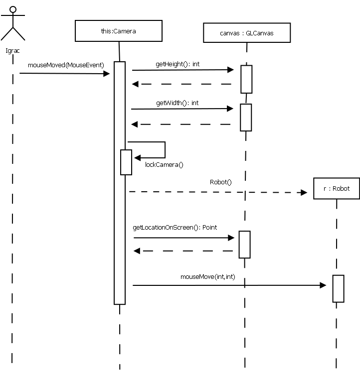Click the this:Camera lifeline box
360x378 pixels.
pyautogui.click(x=118, y=31)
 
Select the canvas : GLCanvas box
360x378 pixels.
pyautogui.click(x=246, y=33)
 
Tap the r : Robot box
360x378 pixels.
pyautogui.click(x=336, y=188)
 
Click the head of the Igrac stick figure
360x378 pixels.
pyautogui.click(x=13, y=9)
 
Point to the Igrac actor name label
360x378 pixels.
pyautogui.click(x=12, y=50)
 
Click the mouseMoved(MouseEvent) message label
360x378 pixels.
pyautogui.click(x=66, y=65)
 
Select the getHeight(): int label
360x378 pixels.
pyautogui.click(x=178, y=64)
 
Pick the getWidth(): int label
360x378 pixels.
pyautogui.click(x=177, y=103)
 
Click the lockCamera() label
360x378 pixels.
pyautogui.click(x=164, y=164)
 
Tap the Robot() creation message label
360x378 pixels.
pyautogui.click(x=221, y=182)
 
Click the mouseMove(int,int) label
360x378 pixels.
pyautogui.click(x=207, y=276)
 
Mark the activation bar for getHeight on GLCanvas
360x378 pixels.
pyautogui.click(x=246, y=79)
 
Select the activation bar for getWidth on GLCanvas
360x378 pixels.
pyautogui.click(x=246, y=117)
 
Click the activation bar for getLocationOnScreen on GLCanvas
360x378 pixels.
pyautogui.click(x=244, y=244)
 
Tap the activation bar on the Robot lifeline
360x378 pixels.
pyautogui.click(x=338, y=288)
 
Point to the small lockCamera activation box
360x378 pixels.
pyautogui.click(x=126, y=162)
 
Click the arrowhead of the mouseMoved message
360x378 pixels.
pyautogui.click(x=106, y=74)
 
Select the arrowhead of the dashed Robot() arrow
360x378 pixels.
pyautogui.click(x=304, y=192)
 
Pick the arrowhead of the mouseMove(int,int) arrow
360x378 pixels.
pyautogui.click(x=322, y=285)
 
